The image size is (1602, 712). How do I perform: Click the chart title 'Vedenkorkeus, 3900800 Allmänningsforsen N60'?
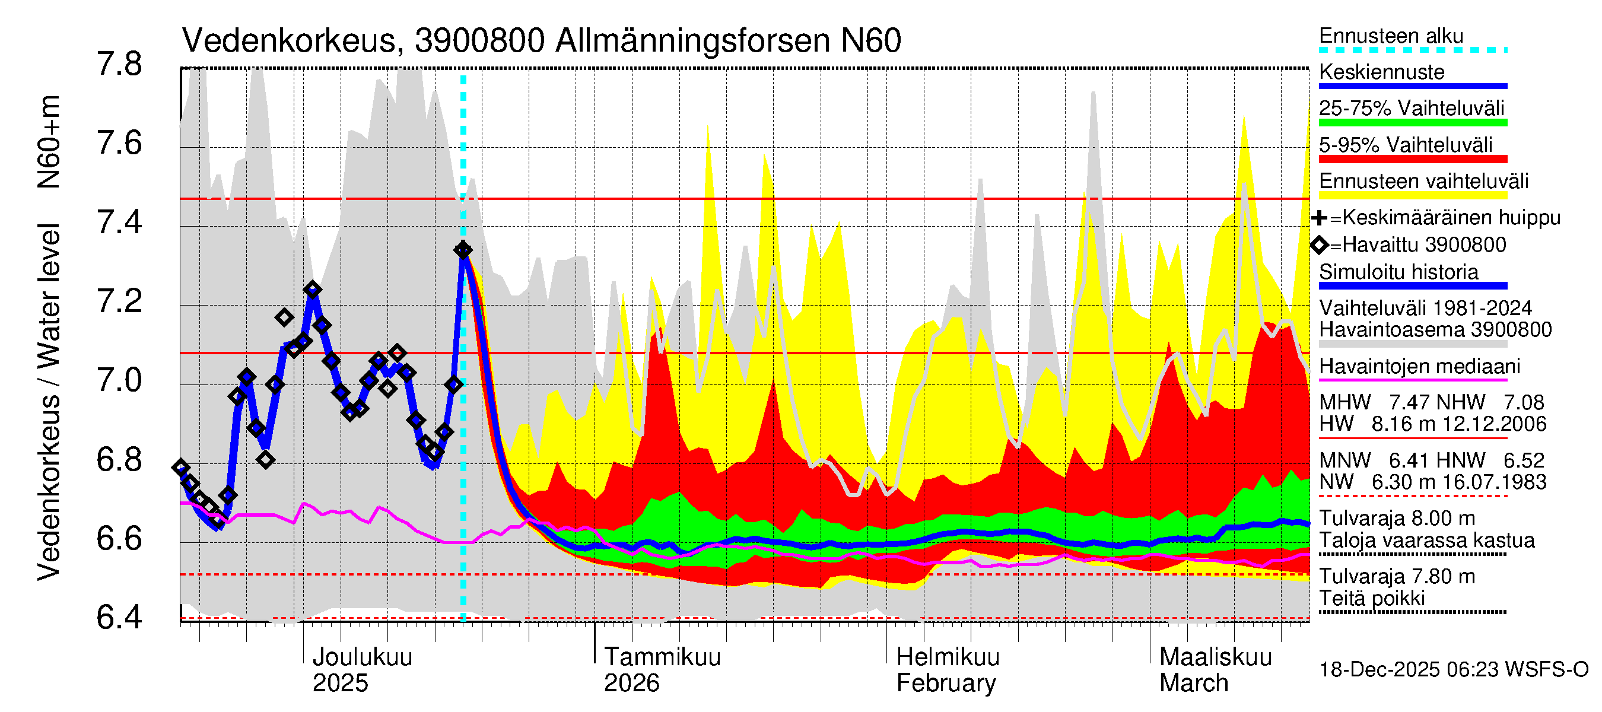tap(541, 41)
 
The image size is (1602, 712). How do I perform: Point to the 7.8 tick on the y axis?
tap(119, 65)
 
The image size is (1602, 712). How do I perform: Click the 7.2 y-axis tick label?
tap(119, 301)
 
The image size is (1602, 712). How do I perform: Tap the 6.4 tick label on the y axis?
tap(119, 618)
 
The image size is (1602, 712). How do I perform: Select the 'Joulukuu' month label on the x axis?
tap(362, 657)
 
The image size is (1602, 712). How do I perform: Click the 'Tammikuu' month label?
tap(662, 657)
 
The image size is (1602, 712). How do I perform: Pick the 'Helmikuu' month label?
tap(948, 657)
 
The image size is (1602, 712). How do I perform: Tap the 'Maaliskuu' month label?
tap(1215, 657)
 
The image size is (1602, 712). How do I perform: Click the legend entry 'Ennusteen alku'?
tap(1391, 36)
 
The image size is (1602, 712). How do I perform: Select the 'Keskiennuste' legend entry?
tap(1381, 72)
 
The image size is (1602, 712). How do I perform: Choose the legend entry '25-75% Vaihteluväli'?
tap(1411, 108)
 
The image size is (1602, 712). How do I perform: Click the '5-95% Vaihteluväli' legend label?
tap(1406, 145)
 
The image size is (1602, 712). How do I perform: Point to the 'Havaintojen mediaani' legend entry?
tap(1419, 366)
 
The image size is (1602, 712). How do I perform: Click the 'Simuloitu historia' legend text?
tap(1398, 272)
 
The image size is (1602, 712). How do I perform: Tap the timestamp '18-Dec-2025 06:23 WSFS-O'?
tap(1453, 670)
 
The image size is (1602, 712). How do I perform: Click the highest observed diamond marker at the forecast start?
tap(463, 250)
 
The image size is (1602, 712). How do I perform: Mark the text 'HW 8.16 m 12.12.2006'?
tap(1432, 424)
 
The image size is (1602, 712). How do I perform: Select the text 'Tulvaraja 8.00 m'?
tap(1397, 519)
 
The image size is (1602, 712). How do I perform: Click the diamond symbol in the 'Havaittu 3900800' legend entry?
tap(1320, 245)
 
